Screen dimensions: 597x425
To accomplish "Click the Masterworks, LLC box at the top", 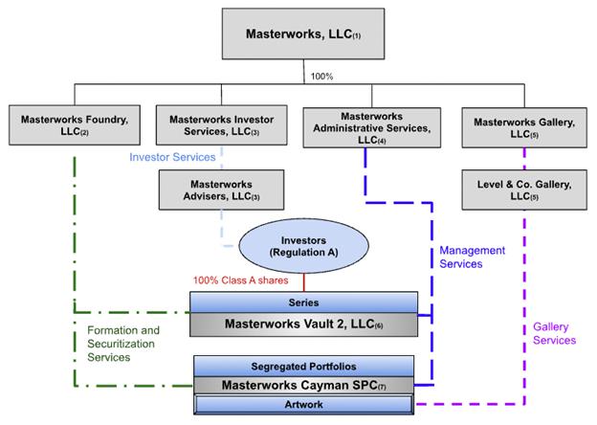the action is [x=303, y=34].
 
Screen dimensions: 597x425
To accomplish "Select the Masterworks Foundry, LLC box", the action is [x=75, y=125].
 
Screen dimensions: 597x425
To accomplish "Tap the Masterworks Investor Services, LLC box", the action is [x=222, y=125].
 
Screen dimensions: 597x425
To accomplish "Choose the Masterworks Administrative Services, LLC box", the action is [x=372, y=128].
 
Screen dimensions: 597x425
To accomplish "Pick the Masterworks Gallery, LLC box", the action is [x=524, y=128].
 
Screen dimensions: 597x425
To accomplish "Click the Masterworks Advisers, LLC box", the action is [x=222, y=190].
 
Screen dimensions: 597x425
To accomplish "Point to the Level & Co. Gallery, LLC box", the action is [x=524, y=190].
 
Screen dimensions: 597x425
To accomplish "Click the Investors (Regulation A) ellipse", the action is [x=304, y=246].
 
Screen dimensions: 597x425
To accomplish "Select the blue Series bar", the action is [x=304, y=302].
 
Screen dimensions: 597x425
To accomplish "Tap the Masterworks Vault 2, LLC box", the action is [x=304, y=324].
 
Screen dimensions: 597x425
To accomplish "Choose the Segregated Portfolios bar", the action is [x=304, y=367].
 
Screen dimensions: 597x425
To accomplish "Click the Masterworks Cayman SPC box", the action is [x=304, y=386].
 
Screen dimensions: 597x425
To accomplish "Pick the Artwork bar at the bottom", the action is [x=304, y=405].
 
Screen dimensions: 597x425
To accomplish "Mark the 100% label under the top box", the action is [x=321, y=77].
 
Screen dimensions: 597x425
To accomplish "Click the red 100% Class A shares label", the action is [x=241, y=280].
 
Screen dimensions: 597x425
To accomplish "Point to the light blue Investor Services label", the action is [x=172, y=157].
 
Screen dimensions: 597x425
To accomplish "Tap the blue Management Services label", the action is [x=472, y=257].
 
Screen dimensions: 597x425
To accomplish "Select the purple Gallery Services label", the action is [x=554, y=333].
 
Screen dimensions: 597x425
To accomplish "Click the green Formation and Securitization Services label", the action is [x=123, y=344].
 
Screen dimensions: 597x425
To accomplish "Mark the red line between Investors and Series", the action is [x=304, y=282].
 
